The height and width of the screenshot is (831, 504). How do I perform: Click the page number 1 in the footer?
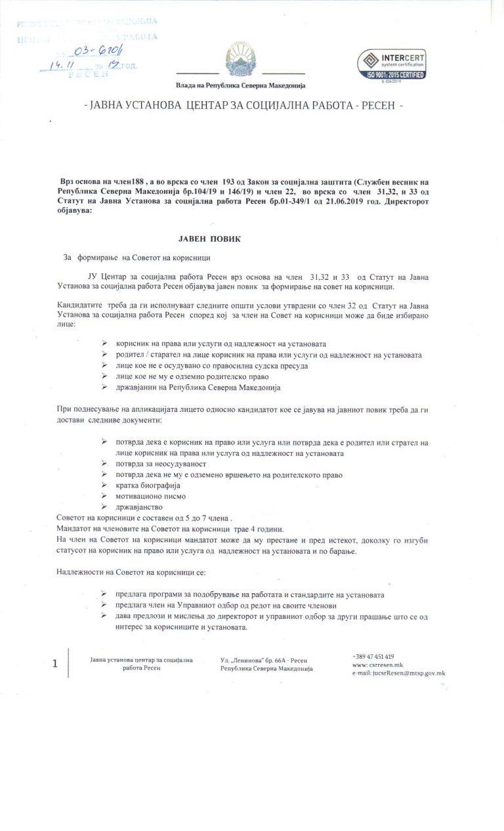(55, 663)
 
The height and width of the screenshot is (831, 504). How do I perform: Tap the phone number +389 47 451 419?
(373, 656)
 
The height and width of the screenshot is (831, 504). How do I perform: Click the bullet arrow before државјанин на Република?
(105, 388)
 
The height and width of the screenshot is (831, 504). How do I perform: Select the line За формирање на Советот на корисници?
(137, 258)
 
